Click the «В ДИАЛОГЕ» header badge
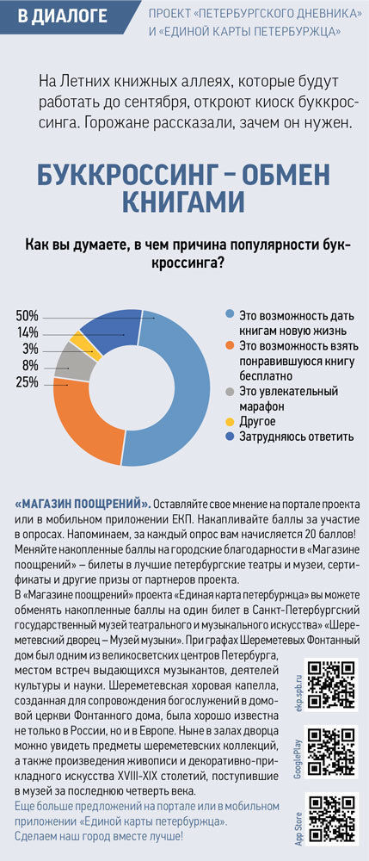(x=65, y=16)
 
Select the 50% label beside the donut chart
(x=27, y=316)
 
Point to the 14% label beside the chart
(x=28, y=332)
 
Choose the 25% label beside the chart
(x=27, y=383)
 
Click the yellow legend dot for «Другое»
(x=230, y=422)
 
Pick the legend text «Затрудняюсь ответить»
(x=296, y=437)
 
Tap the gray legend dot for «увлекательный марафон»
(x=230, y=392)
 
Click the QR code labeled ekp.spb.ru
(x=332, y=684)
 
